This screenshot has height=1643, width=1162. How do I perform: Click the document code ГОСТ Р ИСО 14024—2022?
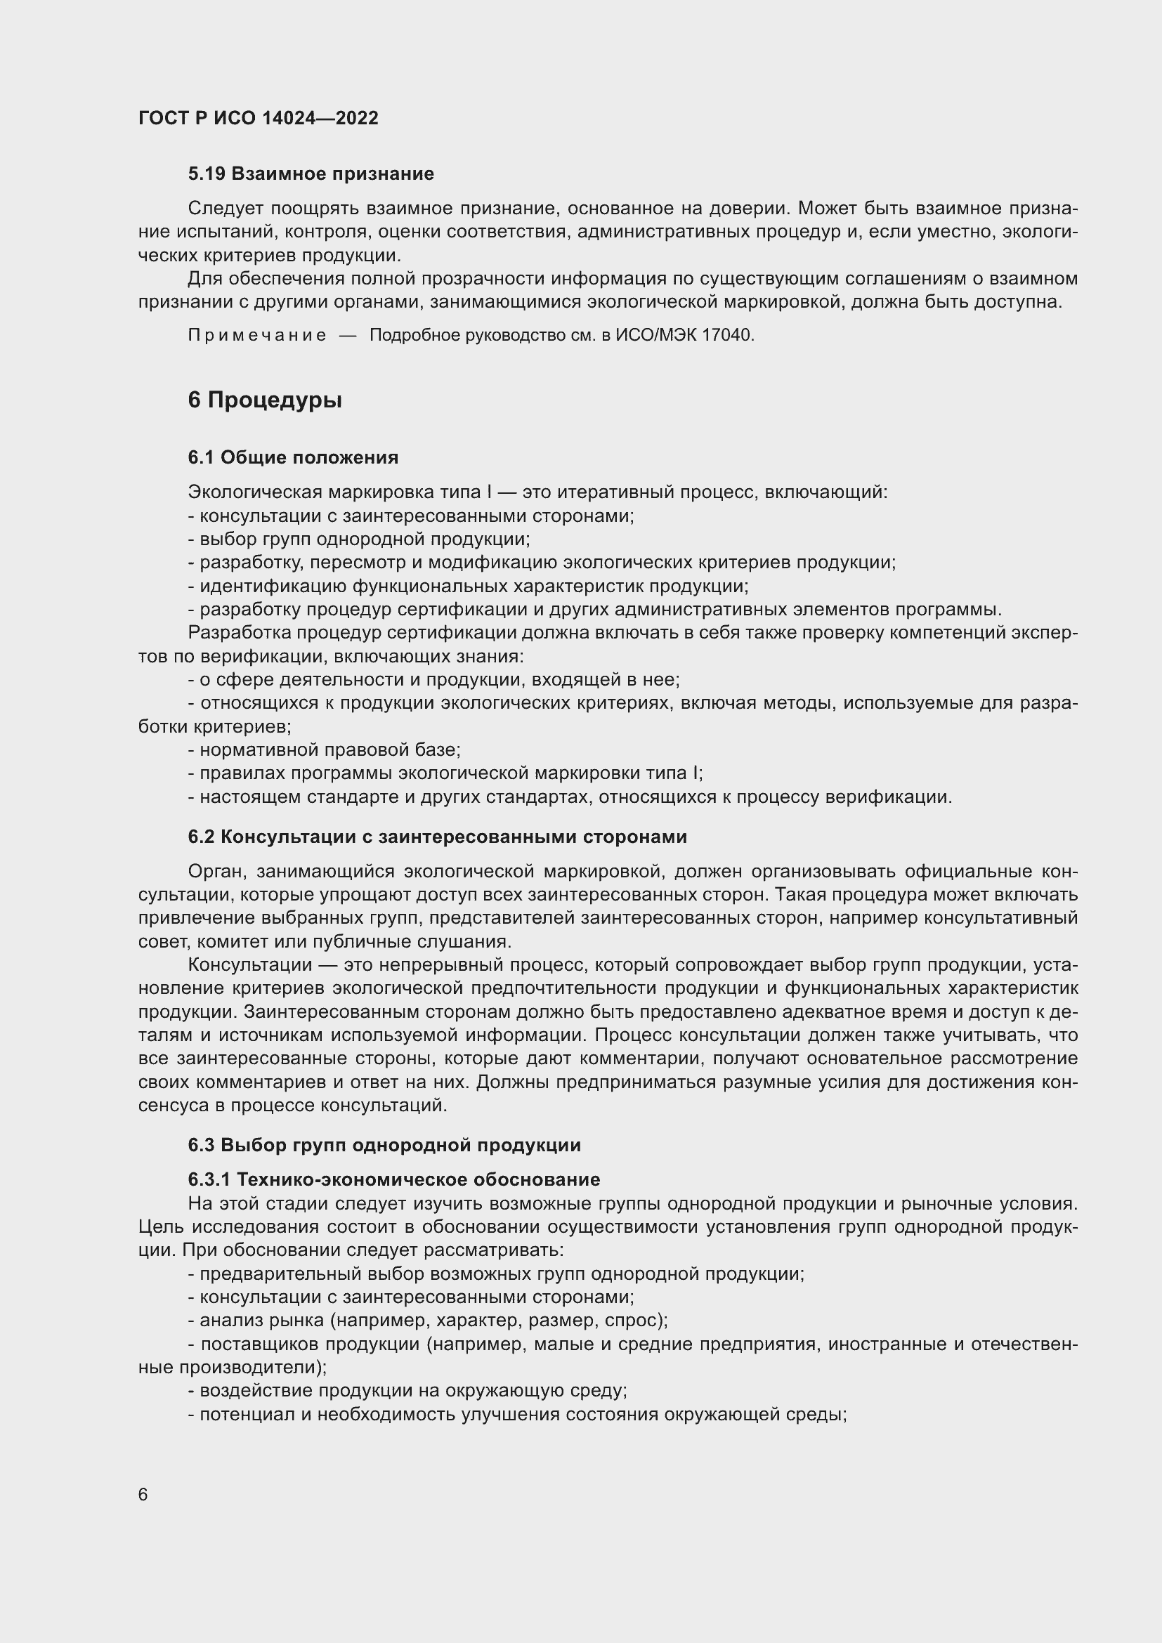pos(258,119)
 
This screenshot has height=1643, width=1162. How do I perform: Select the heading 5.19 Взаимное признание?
pos(311,174)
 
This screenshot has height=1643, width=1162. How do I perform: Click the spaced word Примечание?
pos(257,335)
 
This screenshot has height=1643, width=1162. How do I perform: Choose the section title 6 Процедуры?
pos(265,400)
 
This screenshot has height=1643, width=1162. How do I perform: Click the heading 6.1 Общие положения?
pos(293,457)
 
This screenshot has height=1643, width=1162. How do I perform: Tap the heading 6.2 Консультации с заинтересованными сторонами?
pos(437,837)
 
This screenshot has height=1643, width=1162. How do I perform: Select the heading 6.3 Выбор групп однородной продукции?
pos(384,1145)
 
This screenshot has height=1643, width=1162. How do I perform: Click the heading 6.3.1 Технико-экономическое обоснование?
pos(393,1179)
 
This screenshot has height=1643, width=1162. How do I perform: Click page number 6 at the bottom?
pos(143,1495)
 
